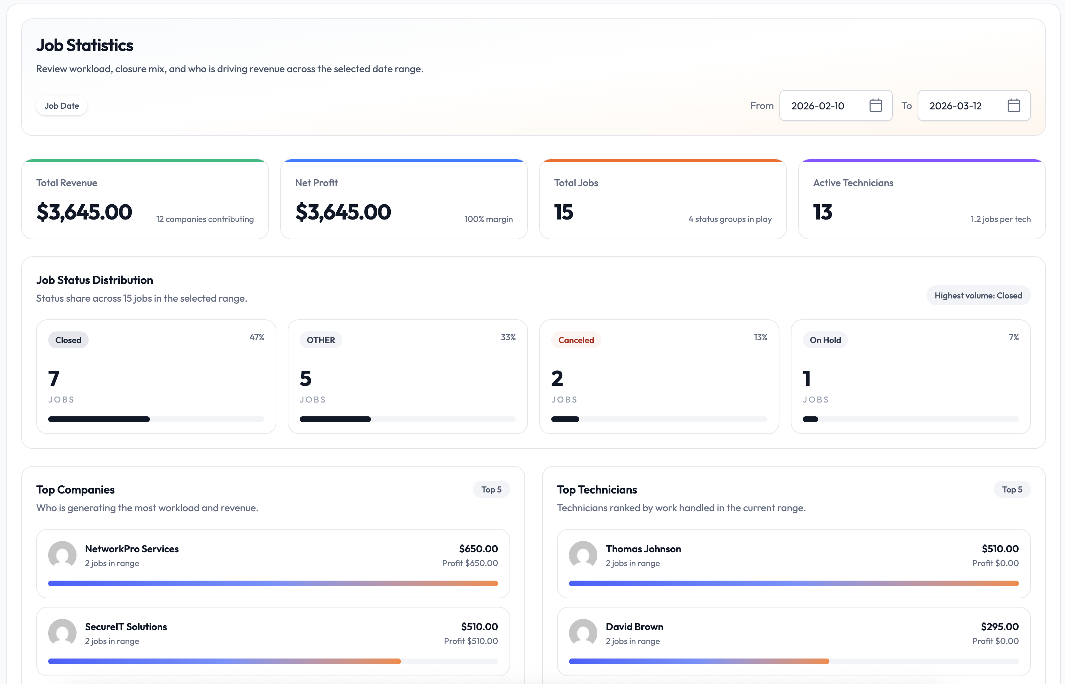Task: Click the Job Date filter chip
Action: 62,106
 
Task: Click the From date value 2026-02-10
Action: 817,106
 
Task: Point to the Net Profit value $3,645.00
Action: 343,212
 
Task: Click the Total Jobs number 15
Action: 563,212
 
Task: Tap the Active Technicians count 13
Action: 822,212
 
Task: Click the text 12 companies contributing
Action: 205,219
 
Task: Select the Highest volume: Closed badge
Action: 978,295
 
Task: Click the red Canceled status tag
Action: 576,340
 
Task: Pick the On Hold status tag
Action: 825,340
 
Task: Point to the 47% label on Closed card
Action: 257,337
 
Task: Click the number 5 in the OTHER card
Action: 305,378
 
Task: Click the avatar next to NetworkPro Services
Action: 62,555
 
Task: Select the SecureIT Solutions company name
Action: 126,626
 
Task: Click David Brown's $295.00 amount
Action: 999,626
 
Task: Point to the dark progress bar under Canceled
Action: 565,419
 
